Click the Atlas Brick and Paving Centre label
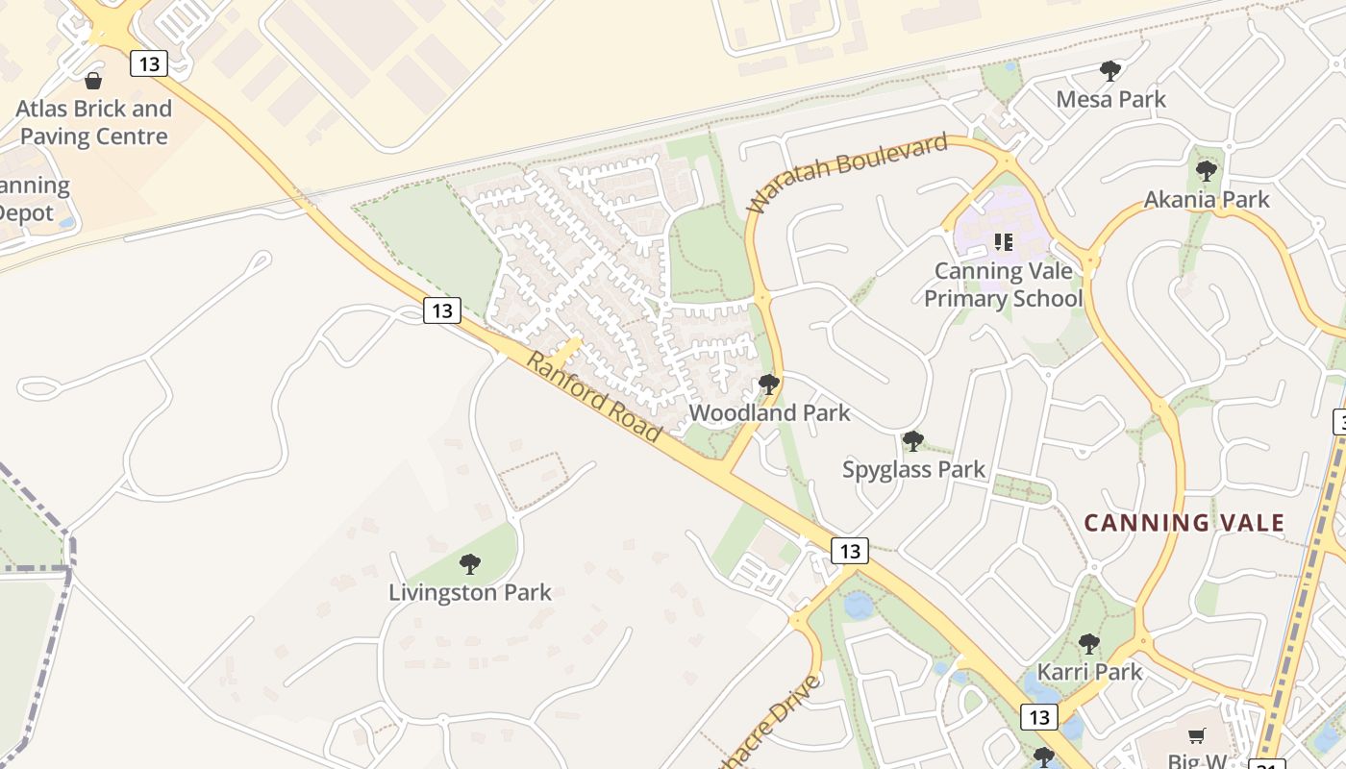tap(93, 122)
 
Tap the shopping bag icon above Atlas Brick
tap(93, 80)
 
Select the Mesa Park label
tap(1110, 99)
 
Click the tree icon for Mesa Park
tap(1110, 70)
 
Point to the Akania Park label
tap(1207, 199)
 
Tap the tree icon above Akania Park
tap(1207, 171)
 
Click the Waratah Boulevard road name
tap(847, 174)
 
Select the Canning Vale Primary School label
tap(1003, 285)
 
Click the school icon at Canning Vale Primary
tap(1004, 241)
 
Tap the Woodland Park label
tap(769, 413)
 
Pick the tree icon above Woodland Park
tap(768, 384)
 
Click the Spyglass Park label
tap(913, 469)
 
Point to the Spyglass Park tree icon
tap(912, 441)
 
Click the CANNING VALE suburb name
tap(1184, 523)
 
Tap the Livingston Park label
tap(469, 592)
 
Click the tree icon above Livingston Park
tap(469, 563)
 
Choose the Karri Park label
tap(1089, 671)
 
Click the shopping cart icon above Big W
tap(1197, 735)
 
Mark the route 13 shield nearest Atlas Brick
tap(149, 63)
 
